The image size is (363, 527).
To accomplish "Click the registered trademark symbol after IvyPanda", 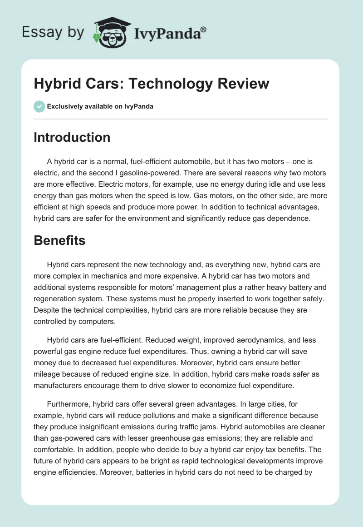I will click(204, 29).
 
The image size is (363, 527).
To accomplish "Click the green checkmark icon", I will click(39, 106).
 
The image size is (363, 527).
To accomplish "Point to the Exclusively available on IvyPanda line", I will click(100, 106).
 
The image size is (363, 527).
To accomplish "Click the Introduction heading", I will click(72, 137).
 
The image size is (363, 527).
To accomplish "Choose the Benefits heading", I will click(59, 240).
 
